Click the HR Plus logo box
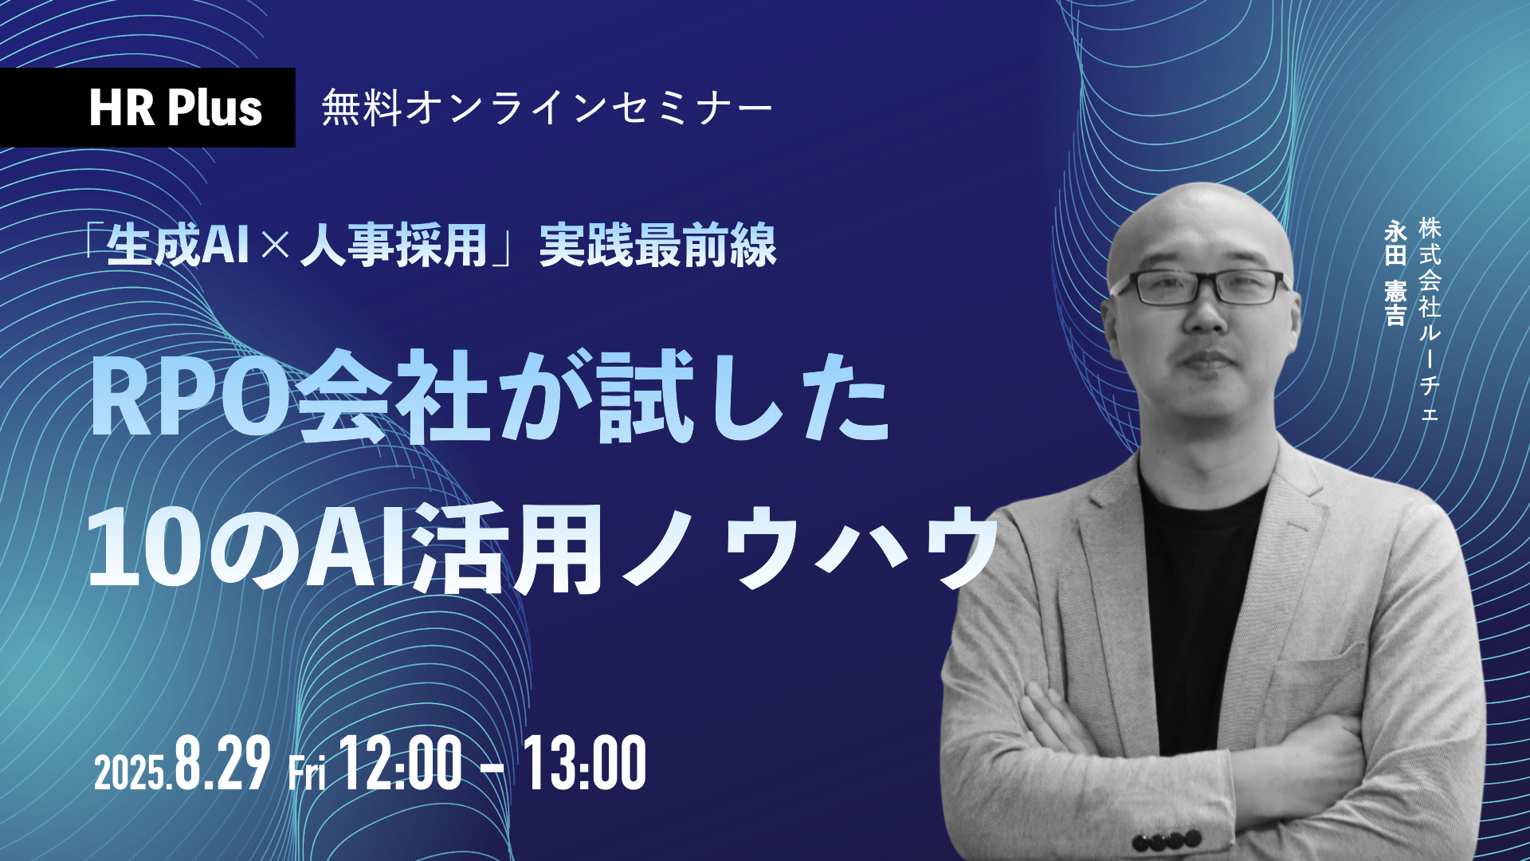pyautogui.click(x=147, y=108)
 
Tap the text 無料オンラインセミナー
pyautogui.click(x=547, y=108)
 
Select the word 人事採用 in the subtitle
pyautogui.click(x=394, y=245)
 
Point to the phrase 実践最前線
pyautogui.click(x=658, y=245)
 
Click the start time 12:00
pyautogui.click(x=401, y=763)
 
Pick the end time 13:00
pyautogui.click(x=584, y=763)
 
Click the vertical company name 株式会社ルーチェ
pyautogui.click(x=1430, y=319)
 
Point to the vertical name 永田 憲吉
pyautogui.click(x=1395, y=273)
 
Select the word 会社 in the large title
pyautogui.click(x=392, y=396)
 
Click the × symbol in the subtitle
pyautogui.click(x=275, y=246)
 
